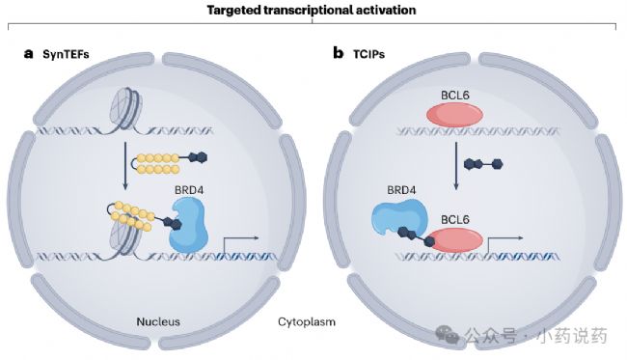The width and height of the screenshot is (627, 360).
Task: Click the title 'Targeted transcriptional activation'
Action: (x=312, y=10)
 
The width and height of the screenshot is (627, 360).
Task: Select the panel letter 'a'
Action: (x=28, y=54)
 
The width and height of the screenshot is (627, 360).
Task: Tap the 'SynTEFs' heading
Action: (x=66, y=54)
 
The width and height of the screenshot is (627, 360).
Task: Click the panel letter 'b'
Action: (x=339, y=53)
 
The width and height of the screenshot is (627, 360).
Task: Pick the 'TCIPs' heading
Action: (x=368, y=54)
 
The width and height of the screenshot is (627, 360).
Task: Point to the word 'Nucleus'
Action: (x=158, y=321)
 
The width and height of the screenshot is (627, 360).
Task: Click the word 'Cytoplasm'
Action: (x=307, y=322)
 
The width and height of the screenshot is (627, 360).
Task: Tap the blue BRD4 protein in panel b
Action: (x=399, y=216)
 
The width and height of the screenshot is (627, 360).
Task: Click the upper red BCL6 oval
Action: (x=455, y=115)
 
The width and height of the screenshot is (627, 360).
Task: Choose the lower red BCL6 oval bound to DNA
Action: (x=456, y=239)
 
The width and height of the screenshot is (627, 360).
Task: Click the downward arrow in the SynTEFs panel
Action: (x=125, y=166)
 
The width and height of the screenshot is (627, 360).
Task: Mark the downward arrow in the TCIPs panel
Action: (x=456, y=166)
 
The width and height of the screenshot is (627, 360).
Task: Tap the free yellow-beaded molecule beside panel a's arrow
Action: (x=169, y=164)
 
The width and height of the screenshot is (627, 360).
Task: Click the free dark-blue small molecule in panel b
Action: (x=483, y=164)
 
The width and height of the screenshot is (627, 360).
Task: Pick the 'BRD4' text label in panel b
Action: (x=401, y=190)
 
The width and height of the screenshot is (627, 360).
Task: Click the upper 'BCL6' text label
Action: (x=455, y=96)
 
